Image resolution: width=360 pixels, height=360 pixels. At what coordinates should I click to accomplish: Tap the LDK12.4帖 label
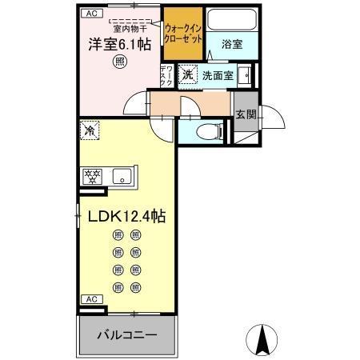click(122, 217)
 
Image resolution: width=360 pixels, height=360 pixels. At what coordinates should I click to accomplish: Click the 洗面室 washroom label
click(216, 75)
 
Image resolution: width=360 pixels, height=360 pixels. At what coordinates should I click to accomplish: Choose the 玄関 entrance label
click(246, 114)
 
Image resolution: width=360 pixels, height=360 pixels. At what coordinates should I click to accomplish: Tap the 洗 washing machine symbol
click(186, 74)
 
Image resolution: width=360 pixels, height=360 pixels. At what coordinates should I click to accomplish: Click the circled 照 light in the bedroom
click(118, 61)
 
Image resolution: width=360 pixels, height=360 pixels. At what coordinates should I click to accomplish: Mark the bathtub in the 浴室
click(233, 21)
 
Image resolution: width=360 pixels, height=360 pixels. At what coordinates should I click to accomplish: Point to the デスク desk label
click(166, 75)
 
